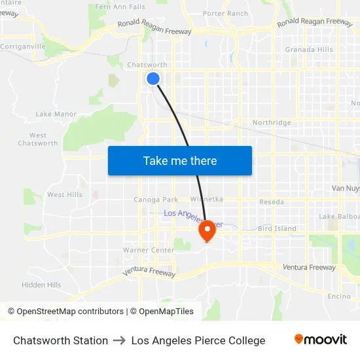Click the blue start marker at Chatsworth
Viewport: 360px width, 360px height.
click(153, 79)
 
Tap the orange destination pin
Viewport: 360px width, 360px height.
click(207, 230)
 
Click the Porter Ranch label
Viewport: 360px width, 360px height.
click(225, 13)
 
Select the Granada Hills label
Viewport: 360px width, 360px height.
click(308, 50)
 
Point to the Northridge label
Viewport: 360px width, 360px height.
click(272, 122)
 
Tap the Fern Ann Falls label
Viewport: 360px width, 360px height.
click(120, 7)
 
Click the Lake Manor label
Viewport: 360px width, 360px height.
click(56, 114)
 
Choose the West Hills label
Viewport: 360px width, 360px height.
click(65, 194)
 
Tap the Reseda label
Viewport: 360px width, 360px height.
click(272, 202)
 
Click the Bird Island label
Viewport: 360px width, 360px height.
click(277, 228)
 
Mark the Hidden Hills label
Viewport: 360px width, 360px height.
click(41, 285)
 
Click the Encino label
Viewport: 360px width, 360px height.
click(339, 296)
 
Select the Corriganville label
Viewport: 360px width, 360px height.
click(23, 47)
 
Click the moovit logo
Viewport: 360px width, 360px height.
click(321, 340)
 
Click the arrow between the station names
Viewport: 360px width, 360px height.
click(120, 340)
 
